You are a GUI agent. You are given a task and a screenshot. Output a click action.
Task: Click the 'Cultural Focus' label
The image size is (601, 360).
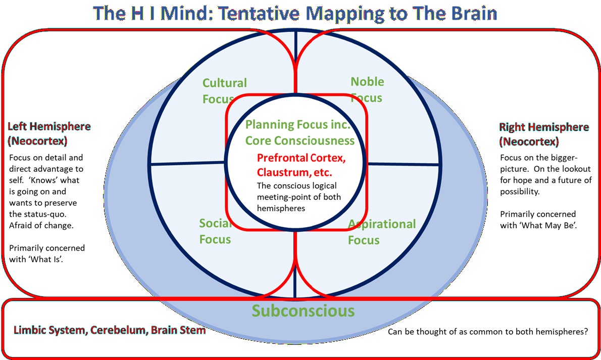coord(224,90)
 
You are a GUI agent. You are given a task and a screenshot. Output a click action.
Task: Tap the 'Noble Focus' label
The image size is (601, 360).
coord(367,89)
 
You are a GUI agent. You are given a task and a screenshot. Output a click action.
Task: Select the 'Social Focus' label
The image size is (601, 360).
coord(215,231)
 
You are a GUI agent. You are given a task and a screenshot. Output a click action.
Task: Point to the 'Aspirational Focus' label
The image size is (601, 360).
coord(381,231)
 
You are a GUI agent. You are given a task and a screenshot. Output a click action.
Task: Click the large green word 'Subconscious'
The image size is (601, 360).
coord(303,310)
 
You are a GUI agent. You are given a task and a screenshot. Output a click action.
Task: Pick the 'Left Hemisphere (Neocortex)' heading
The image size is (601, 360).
coord(49,133)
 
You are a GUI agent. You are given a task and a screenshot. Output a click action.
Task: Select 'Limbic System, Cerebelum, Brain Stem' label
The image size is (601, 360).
coord(110,330)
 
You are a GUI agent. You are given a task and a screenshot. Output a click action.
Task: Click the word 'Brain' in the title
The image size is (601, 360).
coord(471,13)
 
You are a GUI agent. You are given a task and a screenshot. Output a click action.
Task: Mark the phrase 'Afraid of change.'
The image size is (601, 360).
coord(41,225)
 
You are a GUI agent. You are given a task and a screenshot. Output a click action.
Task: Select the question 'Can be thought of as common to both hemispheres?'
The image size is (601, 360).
coord(488,333)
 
